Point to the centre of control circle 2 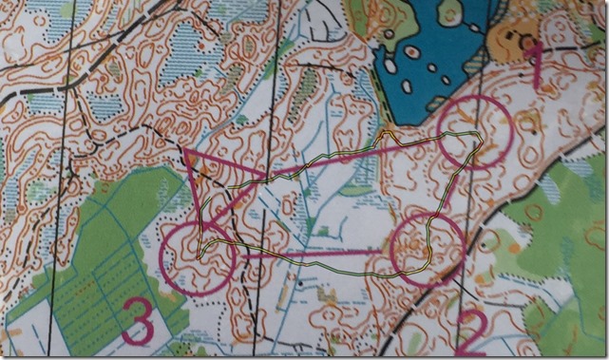click(428, 248)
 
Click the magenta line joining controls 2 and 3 click(314, 254)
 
